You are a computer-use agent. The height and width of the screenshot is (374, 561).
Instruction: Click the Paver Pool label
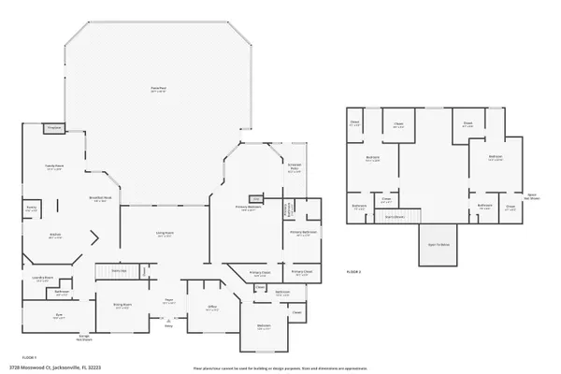point(159,88)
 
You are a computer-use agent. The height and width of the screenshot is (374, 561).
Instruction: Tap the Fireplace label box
point(54,127)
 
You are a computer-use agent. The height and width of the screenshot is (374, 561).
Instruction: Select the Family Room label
point(54,167)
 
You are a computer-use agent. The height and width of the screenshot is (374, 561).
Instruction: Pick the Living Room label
point(165,233)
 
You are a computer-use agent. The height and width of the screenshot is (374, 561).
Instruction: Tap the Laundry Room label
point(42,278)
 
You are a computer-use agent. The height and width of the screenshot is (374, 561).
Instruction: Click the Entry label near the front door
point(169,325)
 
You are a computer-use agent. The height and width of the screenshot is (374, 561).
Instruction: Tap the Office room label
point(212,308)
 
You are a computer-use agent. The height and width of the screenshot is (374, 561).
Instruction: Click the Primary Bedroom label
point(248,208)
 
